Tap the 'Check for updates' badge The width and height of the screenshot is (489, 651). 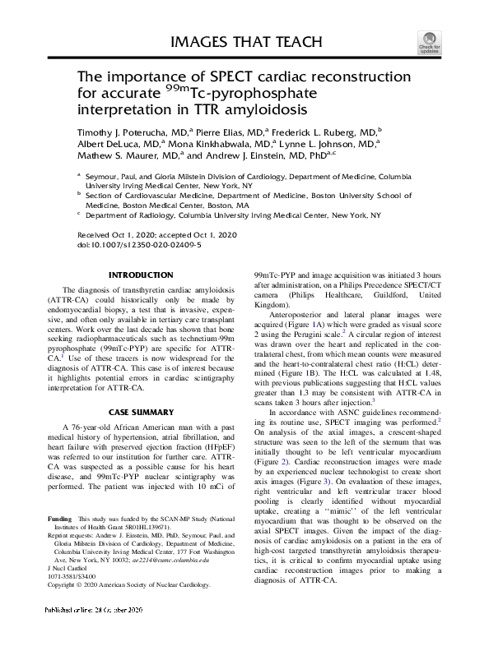click(431, 42)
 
